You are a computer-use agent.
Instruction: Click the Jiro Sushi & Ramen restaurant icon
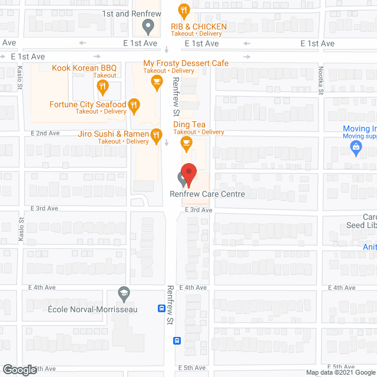[x=156, y=137]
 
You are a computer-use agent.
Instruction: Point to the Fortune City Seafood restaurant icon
[x=134, y=107]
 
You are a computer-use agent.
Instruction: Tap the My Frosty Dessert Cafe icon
[x=156, y=83]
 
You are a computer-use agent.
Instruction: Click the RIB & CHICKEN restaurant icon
[x=185, y=11]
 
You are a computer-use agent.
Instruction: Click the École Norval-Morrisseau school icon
[x=124, y=293]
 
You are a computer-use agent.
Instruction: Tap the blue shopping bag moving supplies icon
[x=356, y=150]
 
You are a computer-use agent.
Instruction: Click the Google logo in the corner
[x=19, y=370]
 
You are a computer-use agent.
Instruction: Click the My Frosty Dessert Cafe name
[x=186, y=63]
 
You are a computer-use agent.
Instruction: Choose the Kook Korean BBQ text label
[x=84, y=68]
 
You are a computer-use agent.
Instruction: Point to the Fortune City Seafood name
[x=88, y=105]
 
